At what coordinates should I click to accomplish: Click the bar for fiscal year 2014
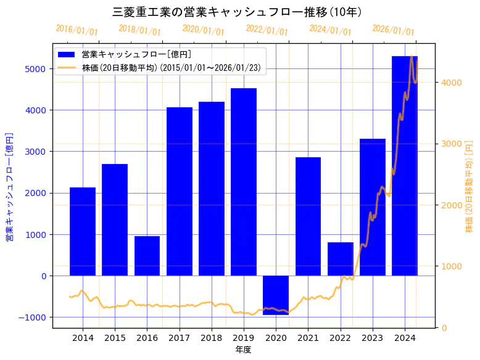click(83, 231)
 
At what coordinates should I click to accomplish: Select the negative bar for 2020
click(276, 295)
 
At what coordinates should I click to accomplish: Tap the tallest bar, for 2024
click(404, 166)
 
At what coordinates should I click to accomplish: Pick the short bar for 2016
click(147, 256)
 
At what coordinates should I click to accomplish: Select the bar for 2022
click(340, 259)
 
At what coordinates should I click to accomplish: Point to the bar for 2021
click(308, 216)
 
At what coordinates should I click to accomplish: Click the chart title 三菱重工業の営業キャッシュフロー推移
click(237, 12)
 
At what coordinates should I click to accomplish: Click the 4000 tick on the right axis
click(450, 83)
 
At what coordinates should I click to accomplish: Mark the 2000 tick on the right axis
click(450, 205)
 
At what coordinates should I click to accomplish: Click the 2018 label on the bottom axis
click(212, 338)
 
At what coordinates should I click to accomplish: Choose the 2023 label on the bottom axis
click(372, 338)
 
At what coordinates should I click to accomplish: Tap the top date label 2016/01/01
click(77, 30)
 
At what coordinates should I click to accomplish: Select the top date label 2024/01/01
click(330, 30)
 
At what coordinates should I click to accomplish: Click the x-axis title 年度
click(243, 350)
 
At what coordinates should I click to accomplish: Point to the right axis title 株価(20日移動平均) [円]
click(470, 186)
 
